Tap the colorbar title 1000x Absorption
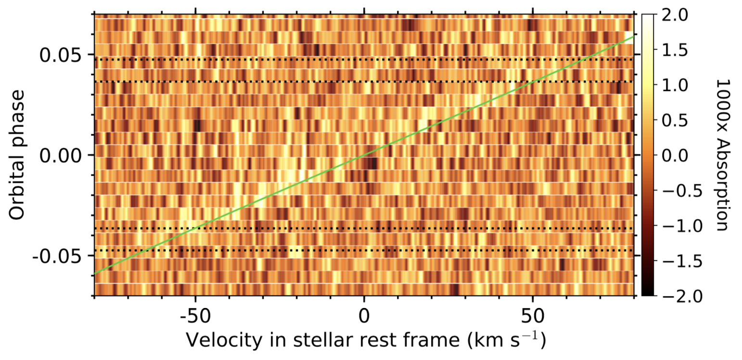(720, 155)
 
